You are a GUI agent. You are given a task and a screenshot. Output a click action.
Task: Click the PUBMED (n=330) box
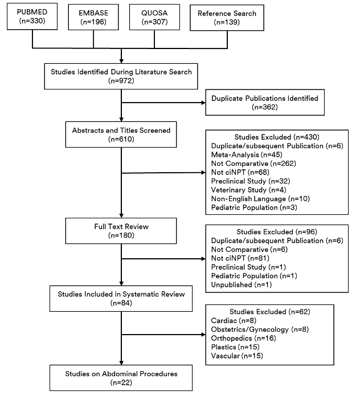tap(32, 17)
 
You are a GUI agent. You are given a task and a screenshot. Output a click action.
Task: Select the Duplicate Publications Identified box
tap(264, 103)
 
